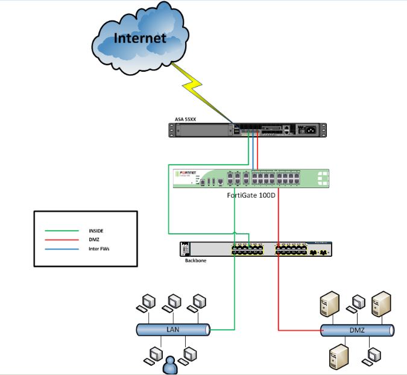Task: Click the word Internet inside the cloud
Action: (140, 39)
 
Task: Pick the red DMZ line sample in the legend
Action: (63, 239)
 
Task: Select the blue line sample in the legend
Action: (63, 247)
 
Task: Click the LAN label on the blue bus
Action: (173, 329)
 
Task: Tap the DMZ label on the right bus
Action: (358, 330)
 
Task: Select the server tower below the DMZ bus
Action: (336, 356)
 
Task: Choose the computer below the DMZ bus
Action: (374, 356)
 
